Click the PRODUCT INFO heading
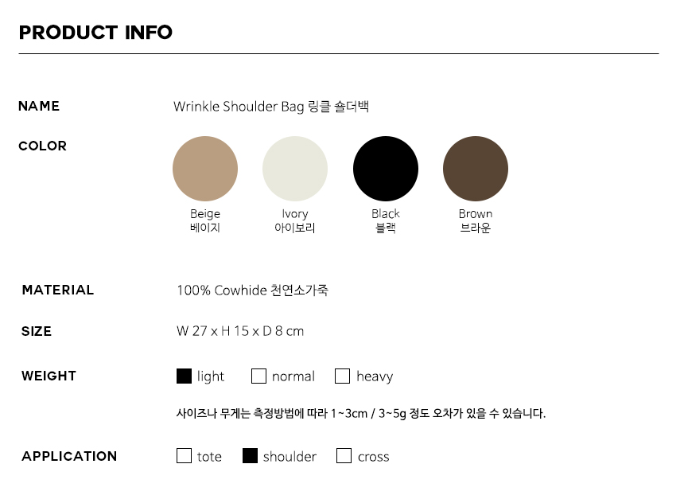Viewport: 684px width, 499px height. [95, 33]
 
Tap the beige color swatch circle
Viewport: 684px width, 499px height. [205, 169]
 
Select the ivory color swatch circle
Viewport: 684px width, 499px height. [295, 169]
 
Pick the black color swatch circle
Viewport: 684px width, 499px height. [386, 169]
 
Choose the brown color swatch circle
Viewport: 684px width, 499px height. [476, 169]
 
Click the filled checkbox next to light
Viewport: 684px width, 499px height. [184, 376]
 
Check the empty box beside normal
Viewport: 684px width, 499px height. [258, 376]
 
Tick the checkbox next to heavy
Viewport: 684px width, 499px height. [343, 376]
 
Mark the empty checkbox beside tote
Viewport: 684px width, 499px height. [184, 456]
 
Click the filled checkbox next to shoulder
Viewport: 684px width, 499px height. [250, 456]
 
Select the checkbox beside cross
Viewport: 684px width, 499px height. [344, 456]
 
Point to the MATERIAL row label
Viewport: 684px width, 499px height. [58, 290]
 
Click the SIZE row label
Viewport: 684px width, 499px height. [37, 331]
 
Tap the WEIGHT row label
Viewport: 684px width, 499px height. [49, 376]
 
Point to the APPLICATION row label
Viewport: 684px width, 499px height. [69, 456]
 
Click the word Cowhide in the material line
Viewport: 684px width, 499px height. [240, 290]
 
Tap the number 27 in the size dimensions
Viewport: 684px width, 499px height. [200, 331]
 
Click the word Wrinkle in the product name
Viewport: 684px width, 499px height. [196, 107]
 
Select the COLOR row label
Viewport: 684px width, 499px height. [43, 146]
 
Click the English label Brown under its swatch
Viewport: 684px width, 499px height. [476, 214]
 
